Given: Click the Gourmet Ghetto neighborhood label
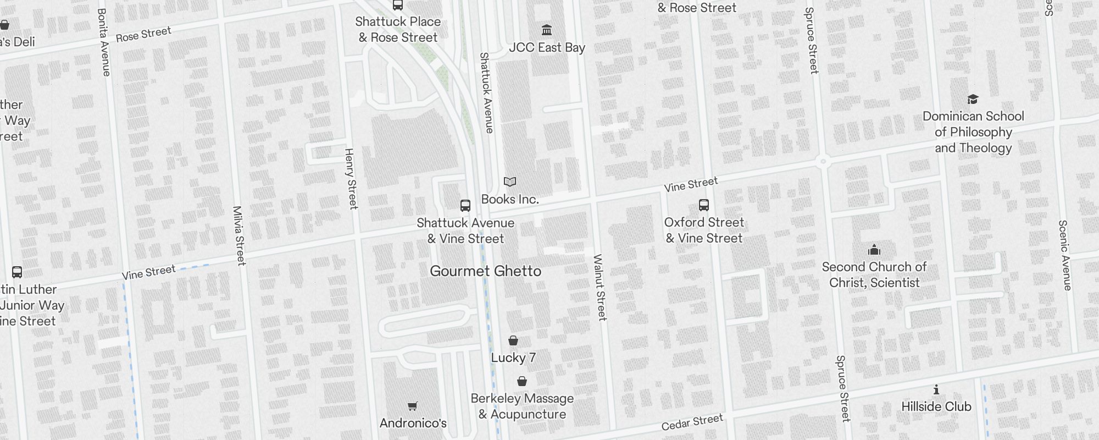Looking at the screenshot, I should coord(485,271).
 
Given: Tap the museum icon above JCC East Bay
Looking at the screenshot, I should coord(547,30).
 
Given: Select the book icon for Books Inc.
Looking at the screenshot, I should coord(510,182).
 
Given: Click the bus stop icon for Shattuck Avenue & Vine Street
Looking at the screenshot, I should coord(465,206).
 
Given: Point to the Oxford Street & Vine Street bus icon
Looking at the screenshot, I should coord(704,205).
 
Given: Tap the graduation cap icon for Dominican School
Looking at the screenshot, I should coord(973,100).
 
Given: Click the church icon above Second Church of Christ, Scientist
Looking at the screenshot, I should coord(874,250).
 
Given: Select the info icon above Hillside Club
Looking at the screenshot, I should coord(936,390).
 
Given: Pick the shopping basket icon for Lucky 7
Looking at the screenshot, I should coord(513,340).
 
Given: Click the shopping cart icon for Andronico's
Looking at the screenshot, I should coord(413,406).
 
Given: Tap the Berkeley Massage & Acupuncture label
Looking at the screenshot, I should coord(522,406).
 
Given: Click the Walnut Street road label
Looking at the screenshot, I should coord(600,287).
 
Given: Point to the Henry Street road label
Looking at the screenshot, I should coord(351,178).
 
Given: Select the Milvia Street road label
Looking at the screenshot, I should coord(239,235).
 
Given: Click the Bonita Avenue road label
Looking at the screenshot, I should coord(104,42).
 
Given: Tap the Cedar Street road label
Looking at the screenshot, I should coord(692,422).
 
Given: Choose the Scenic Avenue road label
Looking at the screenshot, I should coord(1065,255).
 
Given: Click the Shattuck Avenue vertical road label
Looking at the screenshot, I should coord(486,92).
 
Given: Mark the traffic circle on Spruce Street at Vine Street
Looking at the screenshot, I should coord(823,161).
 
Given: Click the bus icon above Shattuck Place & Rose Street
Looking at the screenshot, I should coord(398,5).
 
